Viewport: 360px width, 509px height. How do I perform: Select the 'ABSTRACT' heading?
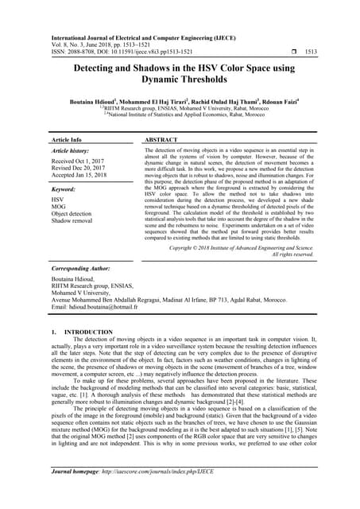click(166, 138)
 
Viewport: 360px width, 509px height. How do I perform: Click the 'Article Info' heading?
click(70, 138)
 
